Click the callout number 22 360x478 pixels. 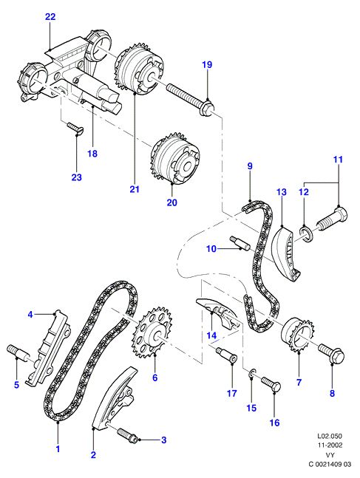tap(50, 17)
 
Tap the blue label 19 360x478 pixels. tap(207, 64)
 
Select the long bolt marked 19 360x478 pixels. tap(191, 100)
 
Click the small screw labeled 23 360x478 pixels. tap(75, 128)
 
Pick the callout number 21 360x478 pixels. tap(135, 189)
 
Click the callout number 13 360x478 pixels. tap(282, 192)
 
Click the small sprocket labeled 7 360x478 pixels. tap(297, 335)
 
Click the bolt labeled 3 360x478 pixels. tap(126, 434)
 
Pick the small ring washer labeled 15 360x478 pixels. tap(252, 372)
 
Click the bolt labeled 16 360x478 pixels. tap(271, 383)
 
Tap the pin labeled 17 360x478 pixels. tap(226, 355)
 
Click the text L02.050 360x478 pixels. tap(330, 436)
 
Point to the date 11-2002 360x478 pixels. tap(330, 445)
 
